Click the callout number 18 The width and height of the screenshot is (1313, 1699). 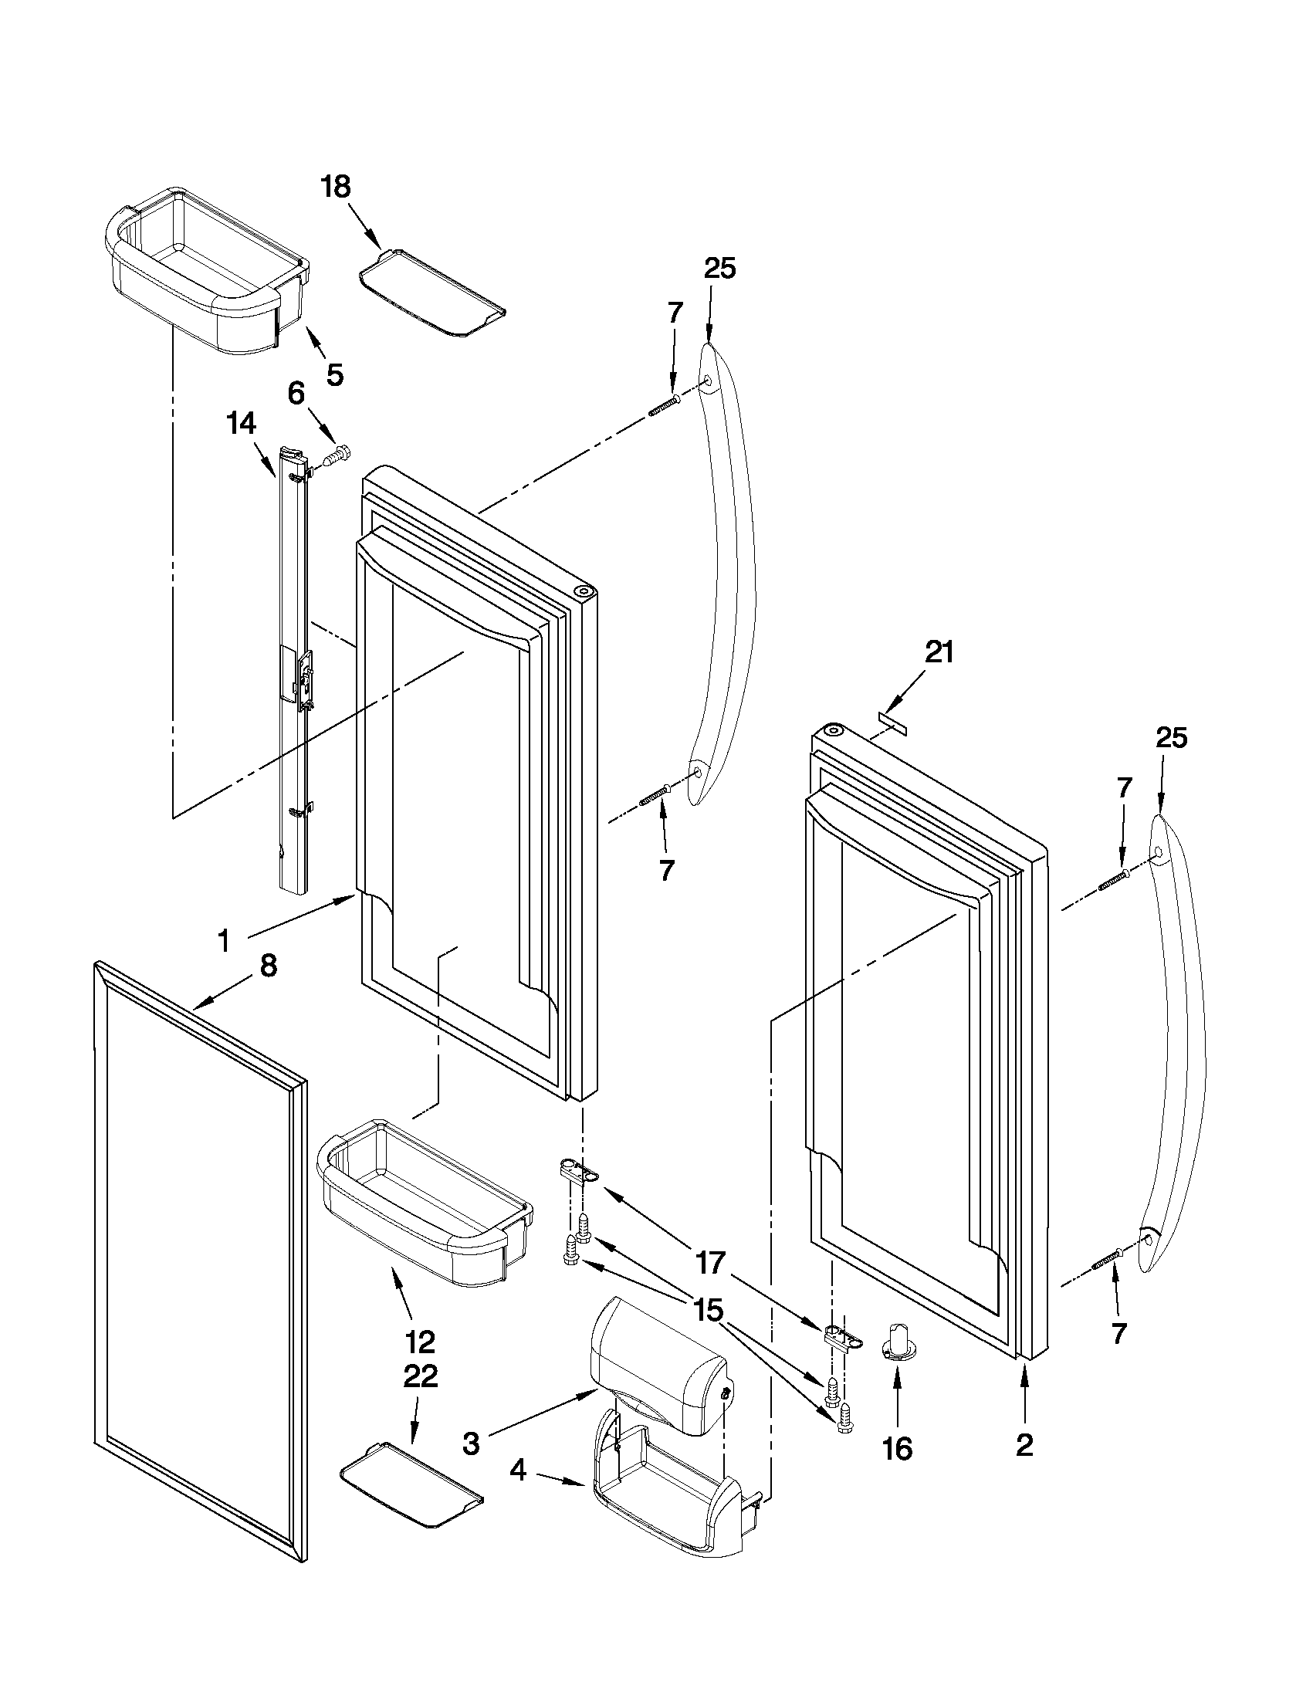point(337,188)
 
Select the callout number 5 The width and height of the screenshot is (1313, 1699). point(333,375)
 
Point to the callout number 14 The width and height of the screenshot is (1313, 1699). point(241,424)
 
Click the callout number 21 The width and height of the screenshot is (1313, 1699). point(939,653)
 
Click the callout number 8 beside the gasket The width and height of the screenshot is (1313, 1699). point(267,966)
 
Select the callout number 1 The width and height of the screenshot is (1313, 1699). point(224,942)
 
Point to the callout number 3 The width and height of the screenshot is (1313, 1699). point(471,1443)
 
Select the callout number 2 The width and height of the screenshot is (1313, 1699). point(1024,1445)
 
